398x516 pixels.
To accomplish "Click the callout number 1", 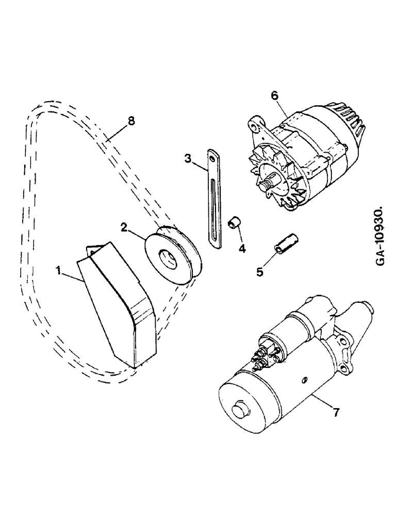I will coord(60,269).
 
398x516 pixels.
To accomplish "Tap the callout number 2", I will coord(124,227).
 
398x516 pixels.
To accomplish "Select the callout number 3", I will coord(189,158).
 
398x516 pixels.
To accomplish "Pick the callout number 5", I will coord(260,271).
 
